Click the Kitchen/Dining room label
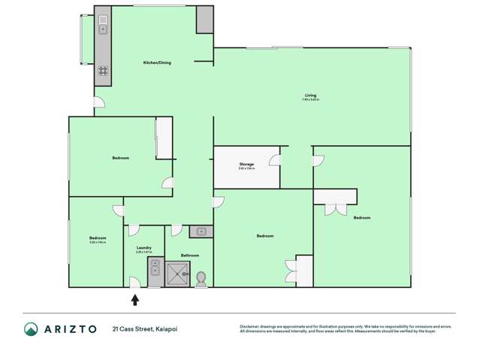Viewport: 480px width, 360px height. [157, 62]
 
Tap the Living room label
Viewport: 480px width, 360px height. [310, 95]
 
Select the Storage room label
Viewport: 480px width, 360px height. [246, 164]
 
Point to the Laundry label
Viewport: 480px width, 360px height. [143, 247]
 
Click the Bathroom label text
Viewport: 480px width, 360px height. [189, 256]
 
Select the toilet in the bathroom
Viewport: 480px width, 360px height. [201, 278]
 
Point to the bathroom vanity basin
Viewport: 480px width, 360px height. [201, 231]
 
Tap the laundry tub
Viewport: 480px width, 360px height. [154, 266]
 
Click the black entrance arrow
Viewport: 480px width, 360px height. [135, 299]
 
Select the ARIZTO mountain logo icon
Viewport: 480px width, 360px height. [31, 329]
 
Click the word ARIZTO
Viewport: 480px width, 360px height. [68, 329]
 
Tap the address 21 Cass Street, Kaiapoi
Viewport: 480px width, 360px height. [145, 329]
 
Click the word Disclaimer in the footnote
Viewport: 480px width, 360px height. [249, 326]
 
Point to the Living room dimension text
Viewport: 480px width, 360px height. [310, 100]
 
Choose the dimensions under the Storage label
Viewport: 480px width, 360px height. [246, 168]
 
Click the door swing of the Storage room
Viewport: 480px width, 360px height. [275, 159]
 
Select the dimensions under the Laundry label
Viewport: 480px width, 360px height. [143, 252]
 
